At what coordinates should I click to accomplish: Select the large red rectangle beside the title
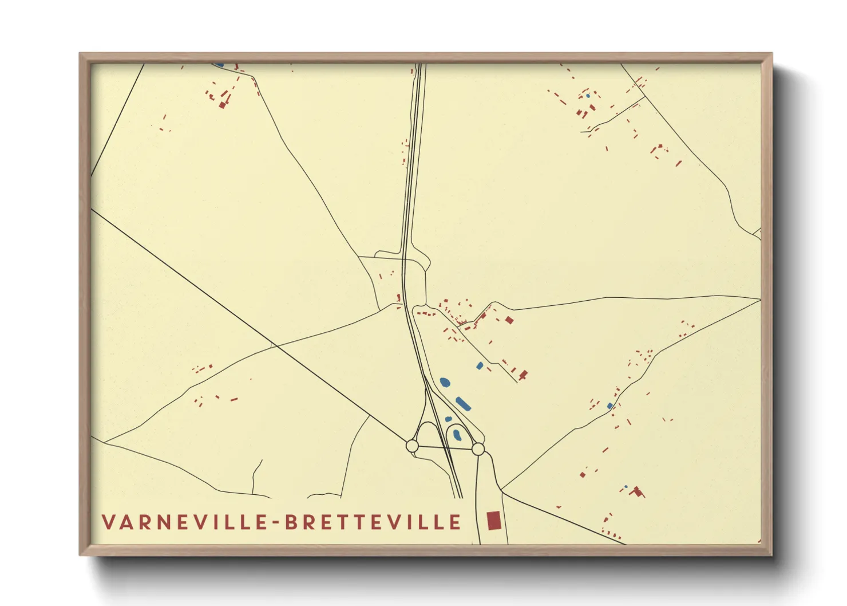pyautogui.click(x=493, y=521)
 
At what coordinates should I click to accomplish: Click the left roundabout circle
pyautogui.click(x=412, y=445)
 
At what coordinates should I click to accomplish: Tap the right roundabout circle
pyautogui.click(x=478, y=449)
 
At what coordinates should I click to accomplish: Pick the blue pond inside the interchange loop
pyautogui.click(x=457, y=435)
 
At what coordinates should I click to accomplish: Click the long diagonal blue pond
pyautogui.click(x=463, y=404)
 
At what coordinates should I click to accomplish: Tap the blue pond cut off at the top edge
pyautogui.click(x=219, y=65)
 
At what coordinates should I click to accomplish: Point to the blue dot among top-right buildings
pyautogui.click(x=588, y=96)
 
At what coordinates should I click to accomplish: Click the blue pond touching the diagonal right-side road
pyautogui.click(x=610, y=406)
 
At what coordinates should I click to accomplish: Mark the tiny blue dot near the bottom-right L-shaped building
pyautogui.click(x=626, y=487)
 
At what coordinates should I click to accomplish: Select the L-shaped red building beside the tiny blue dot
pyautogui.click(x=636, y=491)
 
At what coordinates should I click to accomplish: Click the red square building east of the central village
pyautogui.click(x=509, y=320)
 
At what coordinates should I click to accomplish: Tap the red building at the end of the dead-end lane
pyautogui.click(x=523, y=375)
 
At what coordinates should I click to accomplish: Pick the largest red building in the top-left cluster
pyautogui.click(x=222, y=105)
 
